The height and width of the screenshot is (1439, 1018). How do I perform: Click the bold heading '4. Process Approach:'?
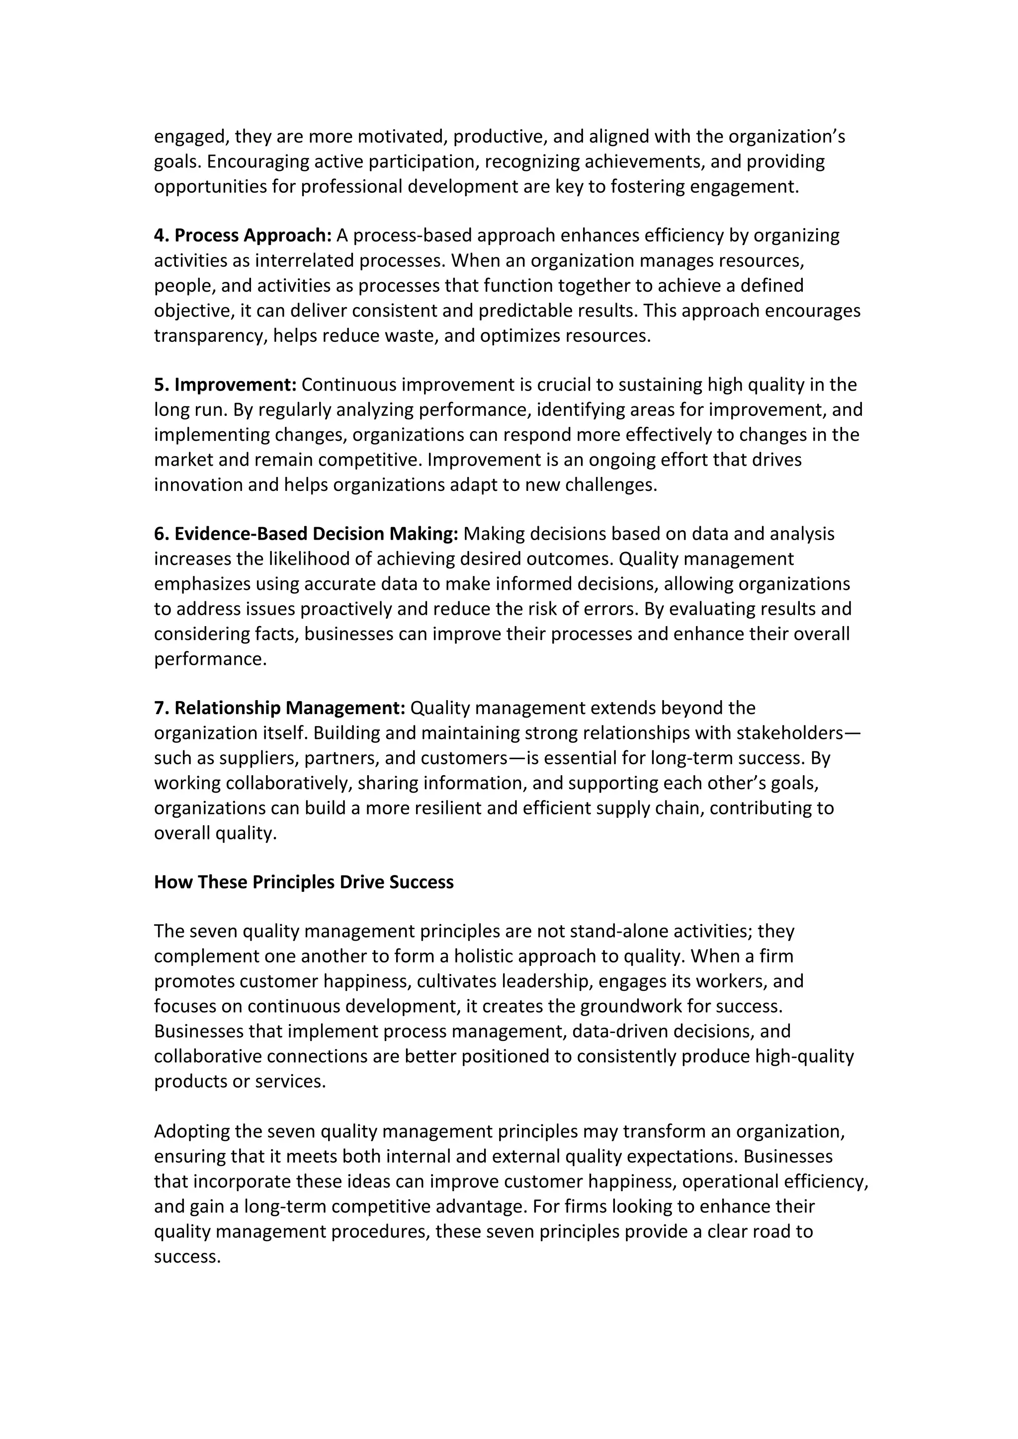coord(243,236)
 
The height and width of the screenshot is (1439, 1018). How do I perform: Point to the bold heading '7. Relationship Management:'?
coord(279,708)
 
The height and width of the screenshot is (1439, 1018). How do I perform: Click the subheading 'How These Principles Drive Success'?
coord(303,882)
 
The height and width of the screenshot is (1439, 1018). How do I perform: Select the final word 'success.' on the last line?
coord(187,1257)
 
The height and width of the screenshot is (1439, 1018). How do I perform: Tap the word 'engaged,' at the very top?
coord(191,137)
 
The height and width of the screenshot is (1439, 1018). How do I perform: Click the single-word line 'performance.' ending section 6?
coord(210,659)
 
